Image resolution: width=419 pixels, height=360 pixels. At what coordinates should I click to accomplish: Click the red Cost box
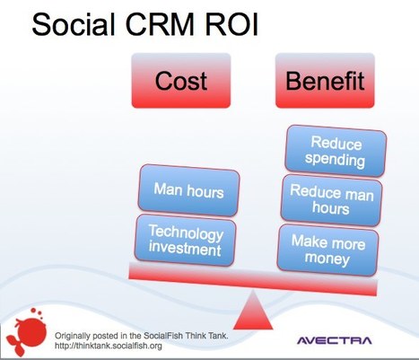coord(180,82)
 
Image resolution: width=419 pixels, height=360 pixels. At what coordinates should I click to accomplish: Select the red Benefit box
coord(325,82)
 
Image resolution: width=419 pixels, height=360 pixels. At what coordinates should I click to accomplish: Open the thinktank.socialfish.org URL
coord(112,343)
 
